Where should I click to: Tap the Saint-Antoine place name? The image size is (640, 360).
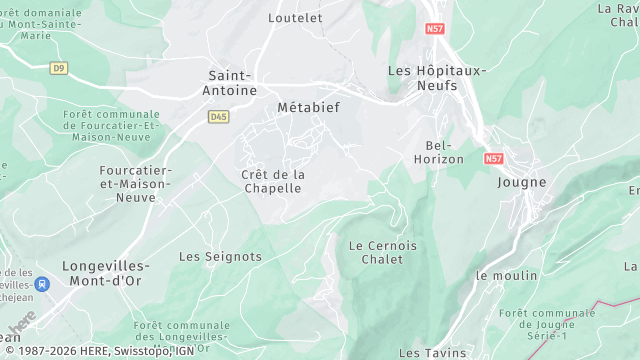[x=229, y=83]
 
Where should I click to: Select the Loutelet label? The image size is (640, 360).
[x=296, y=18]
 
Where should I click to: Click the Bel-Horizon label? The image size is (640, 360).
[x=439, y=152]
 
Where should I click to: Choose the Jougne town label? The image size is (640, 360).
[x=522, y=182]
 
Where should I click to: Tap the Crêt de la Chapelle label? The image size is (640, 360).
[x=273, y=181]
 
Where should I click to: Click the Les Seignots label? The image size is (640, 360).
[x=220, y=256]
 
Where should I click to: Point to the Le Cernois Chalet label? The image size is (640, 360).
[x=383, y=252]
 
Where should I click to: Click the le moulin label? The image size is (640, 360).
[x=507, y=275]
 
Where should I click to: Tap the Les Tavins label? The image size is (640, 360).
[x=432, y=353]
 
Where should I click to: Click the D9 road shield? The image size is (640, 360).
[x=59, y=68]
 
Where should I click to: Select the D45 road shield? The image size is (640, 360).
[x=218, y=117]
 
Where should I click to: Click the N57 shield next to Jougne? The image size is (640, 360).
[x=494, y=158]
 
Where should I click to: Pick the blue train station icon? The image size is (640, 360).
[x=41, y=284]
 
